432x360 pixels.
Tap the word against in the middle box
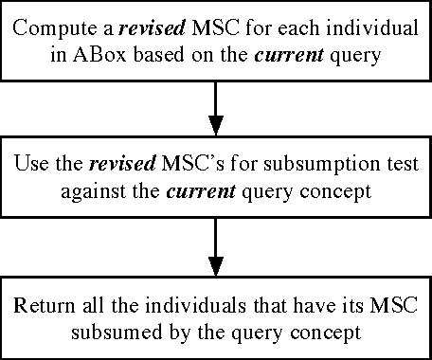coord(95,190)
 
